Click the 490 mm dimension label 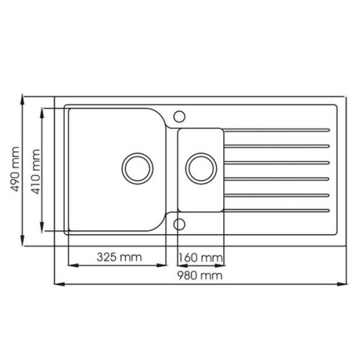(15, 169)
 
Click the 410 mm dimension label (36, 172)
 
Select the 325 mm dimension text (119, 257)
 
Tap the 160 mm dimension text (200, 258)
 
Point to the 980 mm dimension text (200, 275)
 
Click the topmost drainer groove (277, 130)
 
